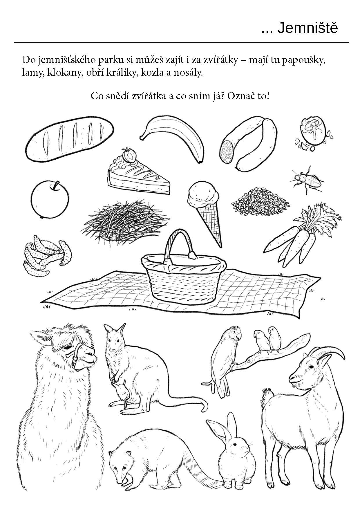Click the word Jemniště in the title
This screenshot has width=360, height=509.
point(308,28)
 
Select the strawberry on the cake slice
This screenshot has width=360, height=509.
point(129,155)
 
